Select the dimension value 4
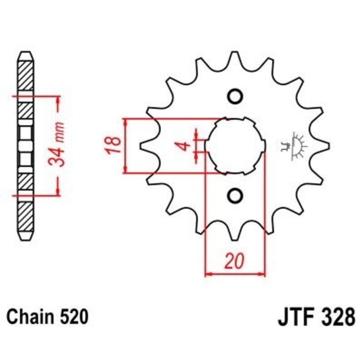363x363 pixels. pyautogui.click(x=183, y=146)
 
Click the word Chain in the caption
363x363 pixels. pyautogui.click(x=28, y=317)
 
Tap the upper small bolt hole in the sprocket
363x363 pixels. pyautogui.click(x=235, y=97)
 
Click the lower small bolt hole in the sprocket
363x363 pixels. pyautogui.click(x=235, y=196)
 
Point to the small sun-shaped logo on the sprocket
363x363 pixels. pyautogui.click(x=294, y=145)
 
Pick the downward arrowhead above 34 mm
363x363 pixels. pyautogui.click(x=58, y=108)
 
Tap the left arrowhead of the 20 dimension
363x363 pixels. pyautogui.click(x=209, y=274)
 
